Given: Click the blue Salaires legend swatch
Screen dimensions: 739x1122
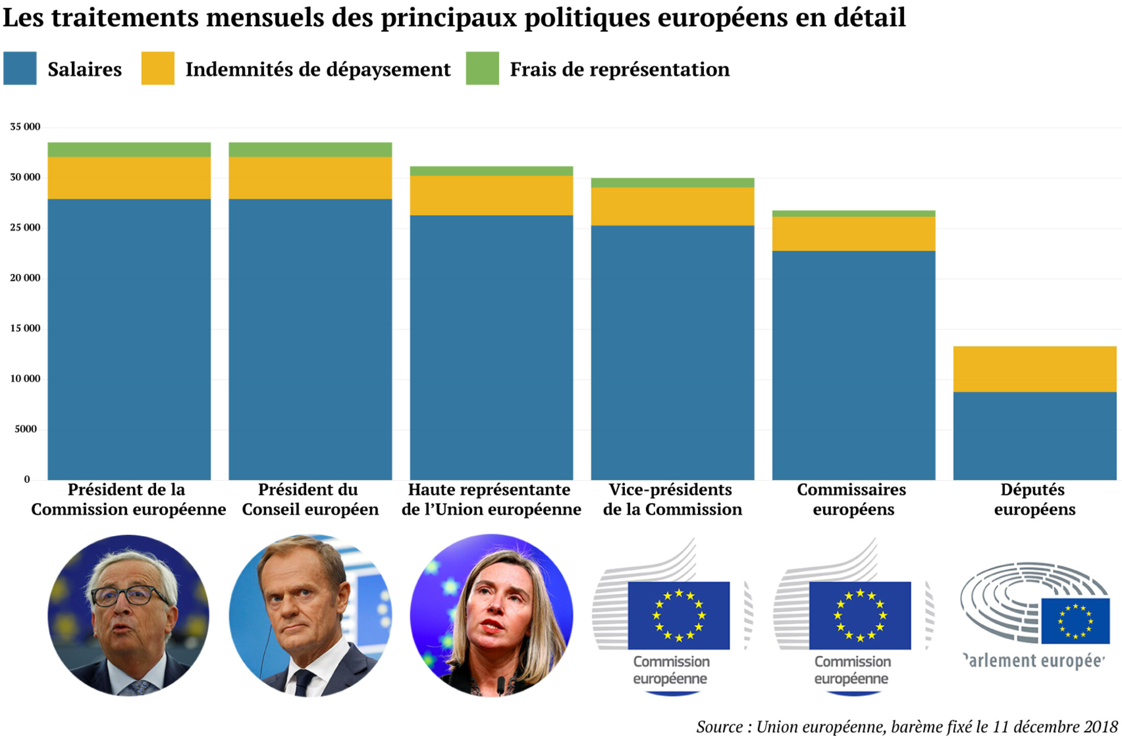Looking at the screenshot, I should point(20,68).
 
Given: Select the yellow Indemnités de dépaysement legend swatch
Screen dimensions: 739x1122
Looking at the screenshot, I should point(158,68).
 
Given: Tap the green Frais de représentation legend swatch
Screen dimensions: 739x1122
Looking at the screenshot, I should point(482,68).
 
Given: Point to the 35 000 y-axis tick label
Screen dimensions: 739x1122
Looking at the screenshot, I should point(25,127).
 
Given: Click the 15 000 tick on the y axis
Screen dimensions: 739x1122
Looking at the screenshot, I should point(25,328).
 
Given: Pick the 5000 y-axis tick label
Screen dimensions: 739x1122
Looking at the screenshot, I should point(25,429).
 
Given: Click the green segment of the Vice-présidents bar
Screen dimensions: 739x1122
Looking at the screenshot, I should point(672,183).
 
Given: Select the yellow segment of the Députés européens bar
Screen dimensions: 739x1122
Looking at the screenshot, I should point(1034,369).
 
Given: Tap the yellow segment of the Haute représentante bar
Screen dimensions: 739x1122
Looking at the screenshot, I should point(491,195).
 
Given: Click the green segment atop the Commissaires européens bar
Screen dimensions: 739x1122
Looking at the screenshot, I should point(853,214).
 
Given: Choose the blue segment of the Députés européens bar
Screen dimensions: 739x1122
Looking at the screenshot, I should point(1034,436).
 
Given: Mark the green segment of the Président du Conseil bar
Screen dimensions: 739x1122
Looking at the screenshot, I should point(310,149).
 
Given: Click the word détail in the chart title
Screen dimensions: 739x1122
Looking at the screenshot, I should point(870,18).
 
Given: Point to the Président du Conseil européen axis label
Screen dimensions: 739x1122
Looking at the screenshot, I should point(310,499).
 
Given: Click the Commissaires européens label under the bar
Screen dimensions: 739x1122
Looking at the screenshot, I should point(853,499).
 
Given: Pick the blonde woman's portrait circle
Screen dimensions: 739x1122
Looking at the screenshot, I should point(492,615).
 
